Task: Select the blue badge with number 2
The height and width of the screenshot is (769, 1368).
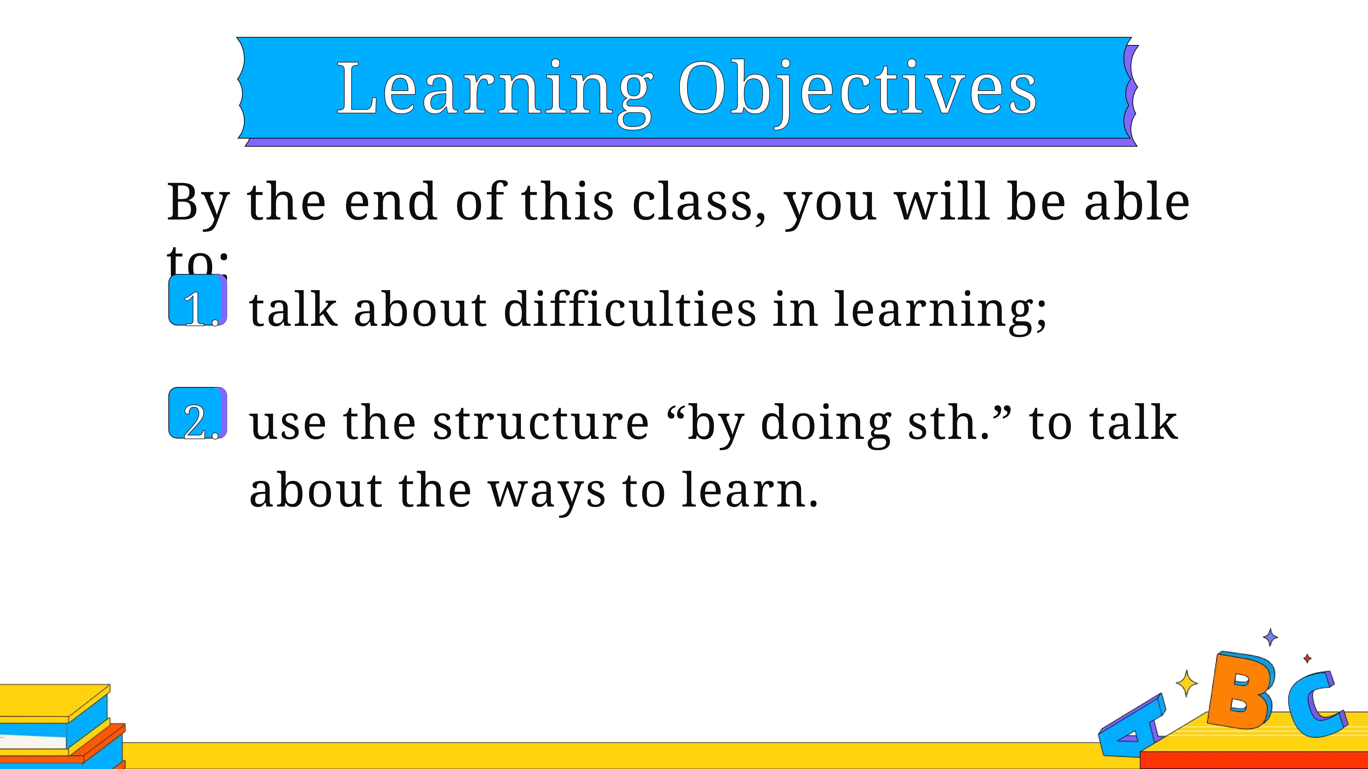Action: (198, 413)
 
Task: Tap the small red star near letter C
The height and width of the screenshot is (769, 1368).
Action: (1307, 659)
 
